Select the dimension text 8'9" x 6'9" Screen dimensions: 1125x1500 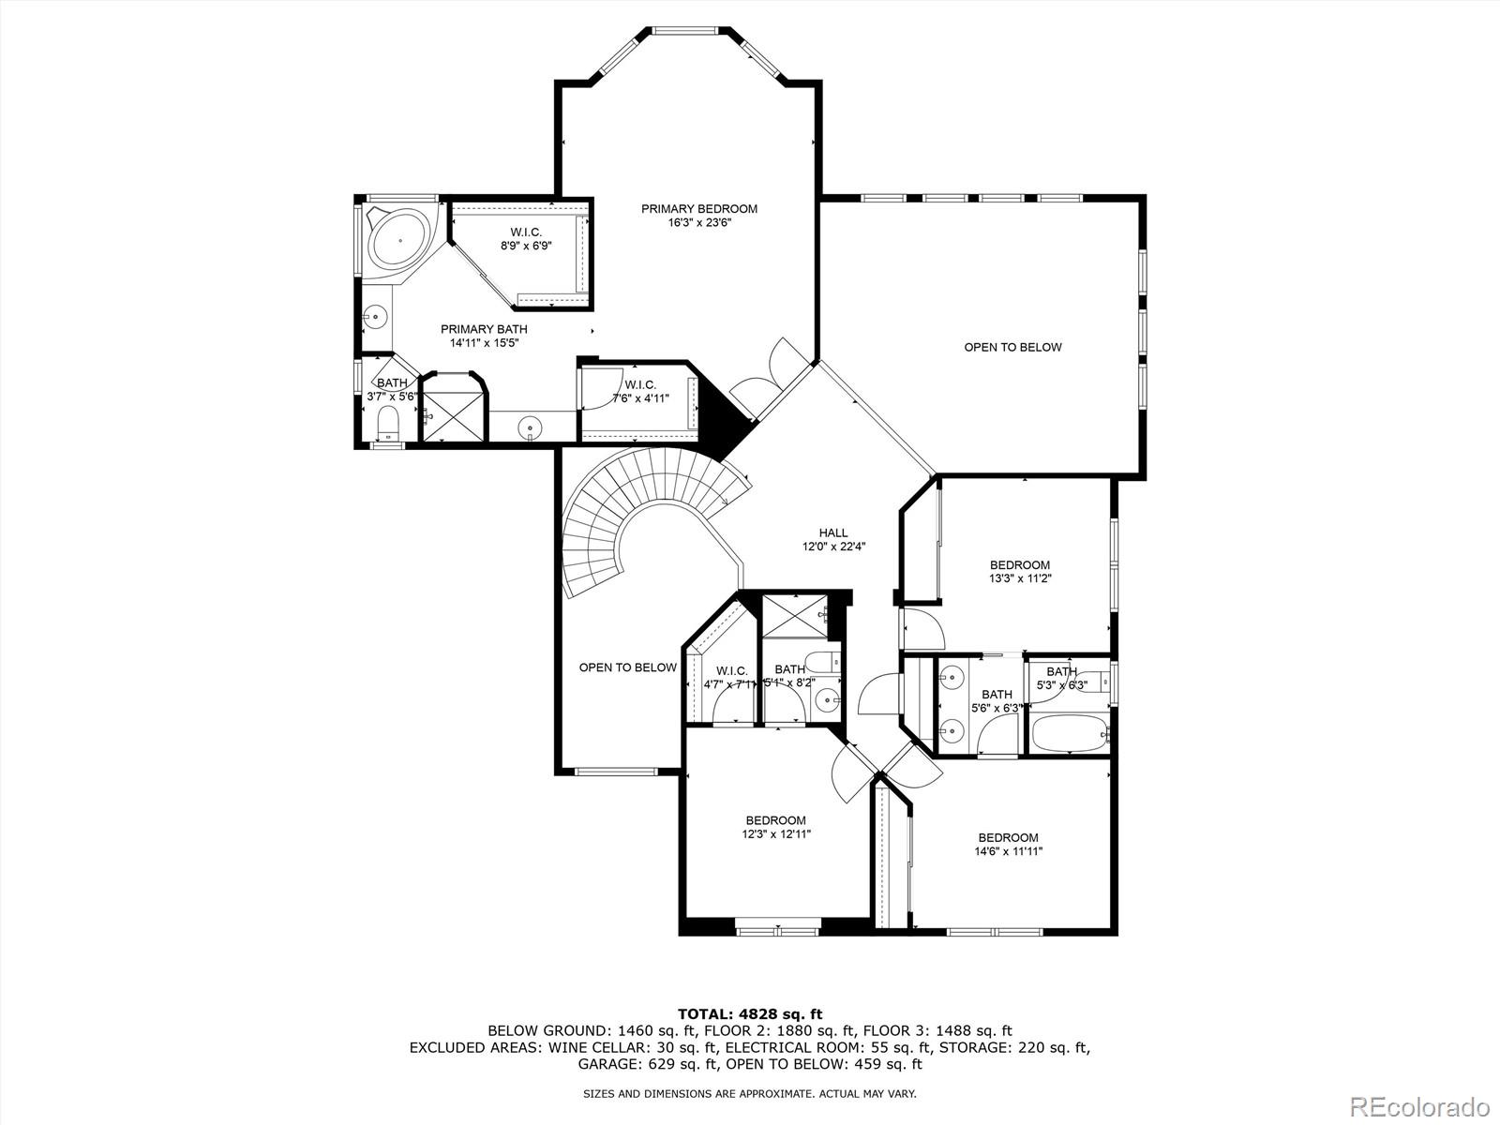click(525, 247)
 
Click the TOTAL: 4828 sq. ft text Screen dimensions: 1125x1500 click(749, 1013)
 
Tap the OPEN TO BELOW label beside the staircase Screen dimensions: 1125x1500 click(627, 667)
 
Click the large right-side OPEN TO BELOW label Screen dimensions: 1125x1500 click(1012, 347)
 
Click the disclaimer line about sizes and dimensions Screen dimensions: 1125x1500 click(749, 1093)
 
